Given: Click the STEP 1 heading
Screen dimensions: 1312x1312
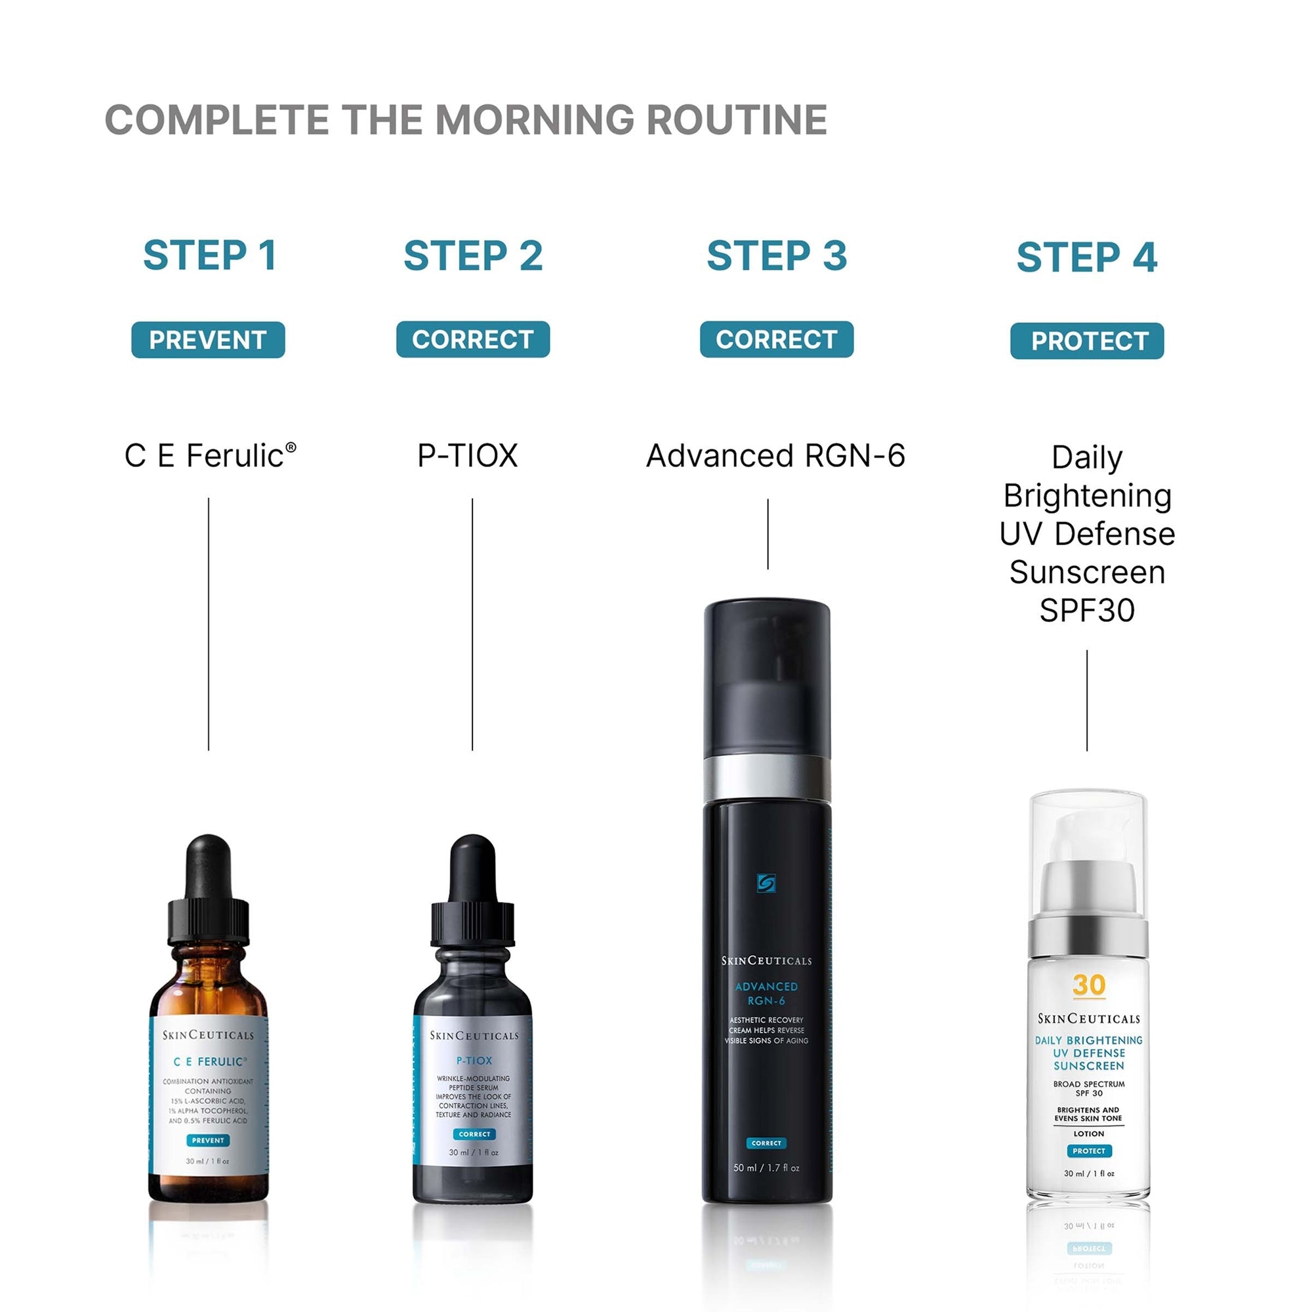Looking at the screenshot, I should (209, 255).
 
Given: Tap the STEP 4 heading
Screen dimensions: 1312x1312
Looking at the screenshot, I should (1086, 257).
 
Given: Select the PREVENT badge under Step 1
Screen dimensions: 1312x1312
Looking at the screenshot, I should (208, 340).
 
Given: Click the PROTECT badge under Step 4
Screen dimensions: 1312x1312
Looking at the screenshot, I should (1086, 341).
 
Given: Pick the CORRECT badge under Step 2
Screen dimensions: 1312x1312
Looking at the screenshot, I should (472, 339).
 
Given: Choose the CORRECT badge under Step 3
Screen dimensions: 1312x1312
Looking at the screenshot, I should (776, 339).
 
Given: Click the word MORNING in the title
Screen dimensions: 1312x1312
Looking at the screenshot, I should (535, 120).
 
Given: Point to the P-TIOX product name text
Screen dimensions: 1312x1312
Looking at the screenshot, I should (467, 456).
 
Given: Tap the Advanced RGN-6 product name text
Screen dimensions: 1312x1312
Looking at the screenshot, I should (775, 456).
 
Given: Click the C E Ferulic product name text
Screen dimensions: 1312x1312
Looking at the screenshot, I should (209, 456).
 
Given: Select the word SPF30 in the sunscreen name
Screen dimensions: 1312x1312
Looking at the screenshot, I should (1086, 611).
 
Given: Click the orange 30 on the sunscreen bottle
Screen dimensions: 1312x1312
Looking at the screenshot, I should (1088, 985).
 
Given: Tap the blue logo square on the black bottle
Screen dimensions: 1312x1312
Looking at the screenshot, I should (766, 883).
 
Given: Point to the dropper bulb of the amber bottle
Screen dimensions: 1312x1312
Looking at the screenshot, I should (209, 866).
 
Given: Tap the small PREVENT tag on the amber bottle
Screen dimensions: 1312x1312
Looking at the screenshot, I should (208, 1140).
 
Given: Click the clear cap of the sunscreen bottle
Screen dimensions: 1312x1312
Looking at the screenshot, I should (1088, 835).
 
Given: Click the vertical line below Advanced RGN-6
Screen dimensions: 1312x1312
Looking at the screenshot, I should (768, 534).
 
